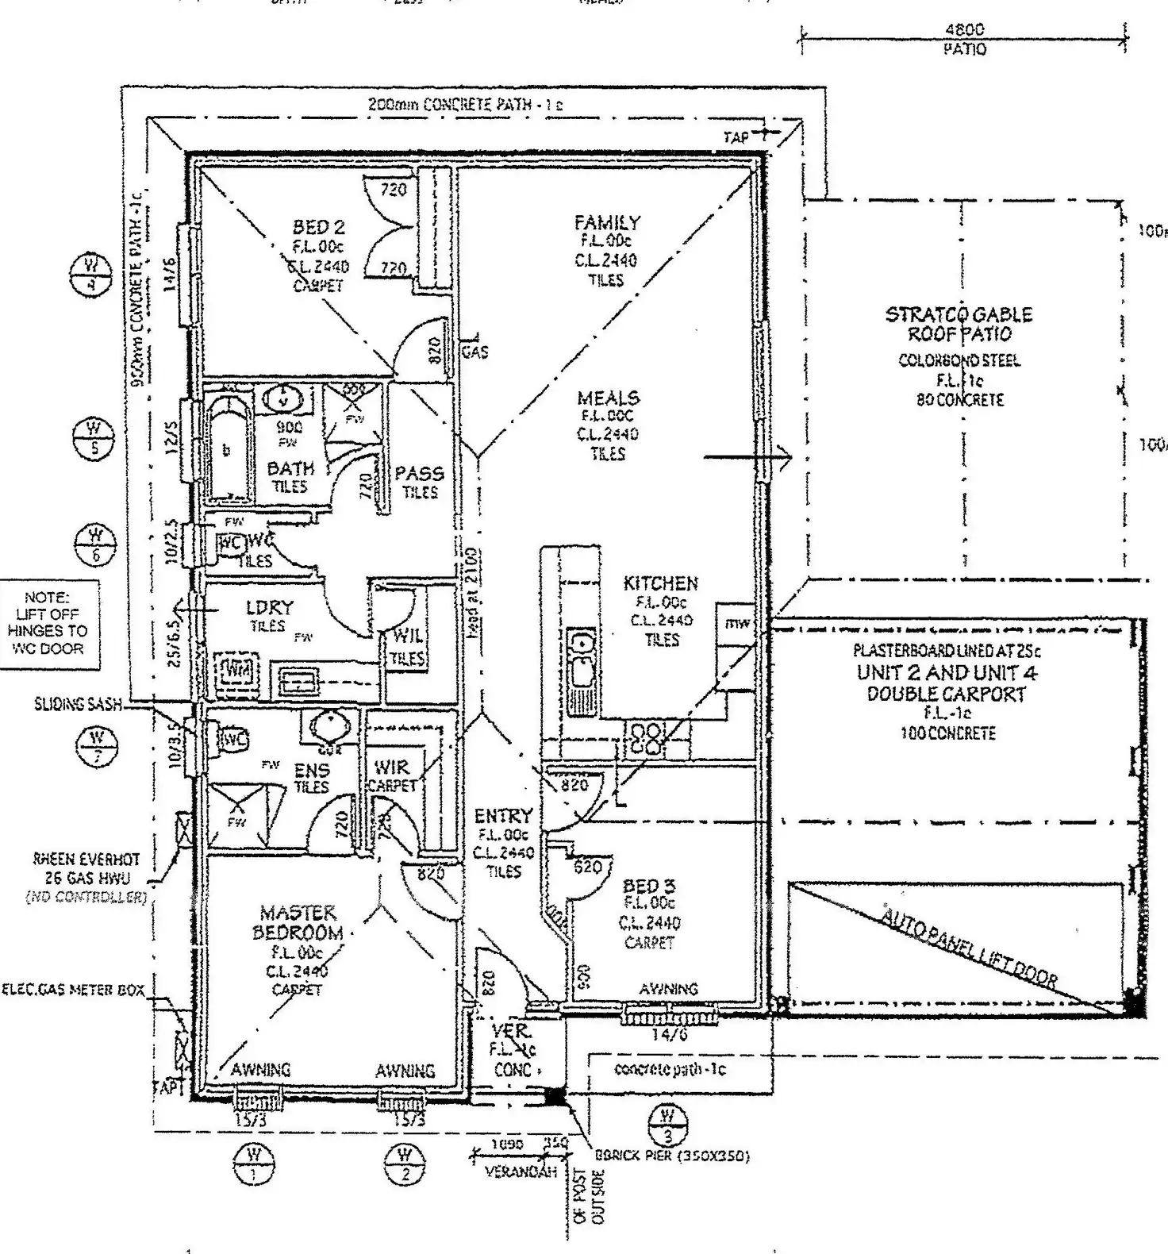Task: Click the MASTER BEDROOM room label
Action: pos(298,922)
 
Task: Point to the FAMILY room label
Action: pos(607,222)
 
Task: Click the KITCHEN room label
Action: pos(660,583)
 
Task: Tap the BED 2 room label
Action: pos(319,228)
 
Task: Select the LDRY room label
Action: pos(270,608)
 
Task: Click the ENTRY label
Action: pos(503,816)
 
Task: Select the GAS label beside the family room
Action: pos(474,352)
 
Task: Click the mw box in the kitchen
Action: pos(736,624)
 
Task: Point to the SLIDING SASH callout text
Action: pos(77,704)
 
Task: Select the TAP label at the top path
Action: pos(736,137)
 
